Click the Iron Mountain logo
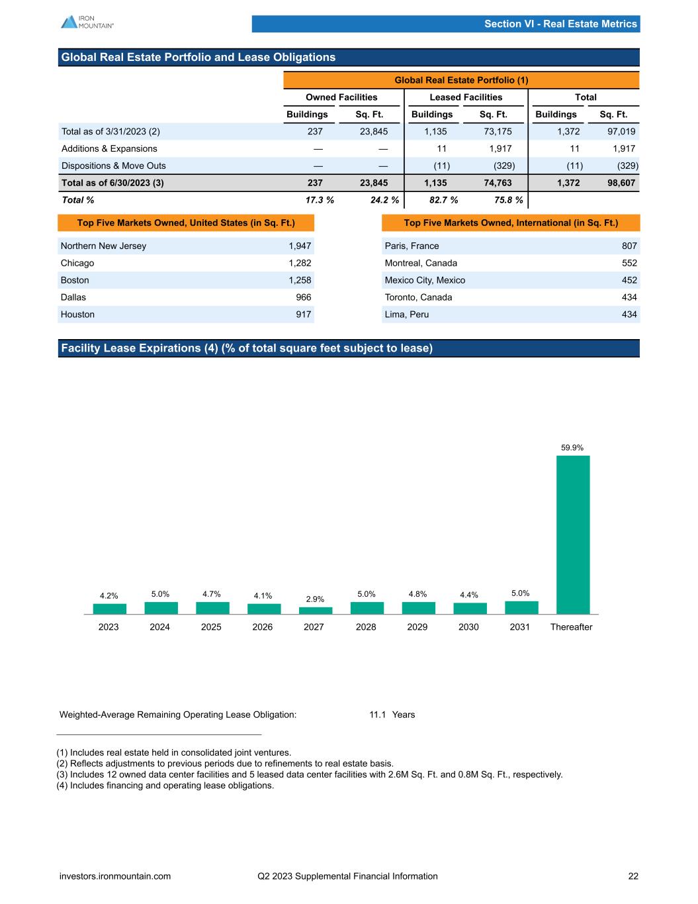87,22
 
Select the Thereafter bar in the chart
572,534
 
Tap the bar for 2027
314,611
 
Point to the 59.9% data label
572,448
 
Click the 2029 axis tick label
417,627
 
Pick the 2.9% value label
315,599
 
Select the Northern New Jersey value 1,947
300,246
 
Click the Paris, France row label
412,246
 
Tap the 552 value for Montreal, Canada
629,264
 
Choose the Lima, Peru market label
406,315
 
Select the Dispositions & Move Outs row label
114,166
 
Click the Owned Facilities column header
341,97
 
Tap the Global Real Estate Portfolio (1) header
461,80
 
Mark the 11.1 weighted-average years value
378,715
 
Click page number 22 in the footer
633,876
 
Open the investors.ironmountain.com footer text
115,876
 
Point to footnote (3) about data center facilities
310,775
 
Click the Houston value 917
304,315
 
